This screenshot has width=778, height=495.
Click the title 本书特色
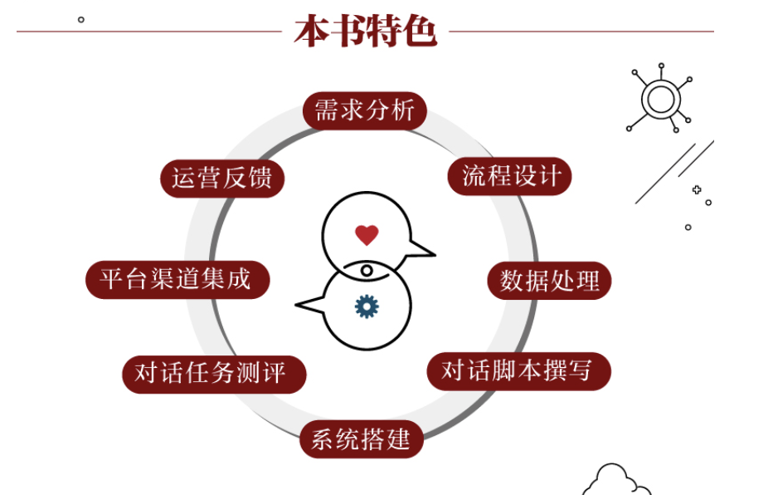(x=365, y=31)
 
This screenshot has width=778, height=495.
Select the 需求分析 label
(x=364, y=110)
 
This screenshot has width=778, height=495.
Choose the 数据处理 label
(x=549, y=281)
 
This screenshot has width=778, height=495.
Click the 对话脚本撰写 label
(x=518, y=370)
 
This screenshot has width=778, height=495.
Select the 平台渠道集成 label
(x=175, y=279)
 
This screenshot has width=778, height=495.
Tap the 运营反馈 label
(x=222, y=179)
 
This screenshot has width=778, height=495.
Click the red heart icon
(x=367, y=235)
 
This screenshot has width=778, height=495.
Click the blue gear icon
(x=367, y=306)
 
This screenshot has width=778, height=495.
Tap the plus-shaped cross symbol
(x=697, y=190)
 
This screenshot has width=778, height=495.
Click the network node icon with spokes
(x=660, y=99)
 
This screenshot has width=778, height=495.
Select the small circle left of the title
(x=80, y=19)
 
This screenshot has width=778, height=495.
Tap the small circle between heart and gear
(x=367, y=271)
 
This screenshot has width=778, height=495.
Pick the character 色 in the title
(x=420, y=31)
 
